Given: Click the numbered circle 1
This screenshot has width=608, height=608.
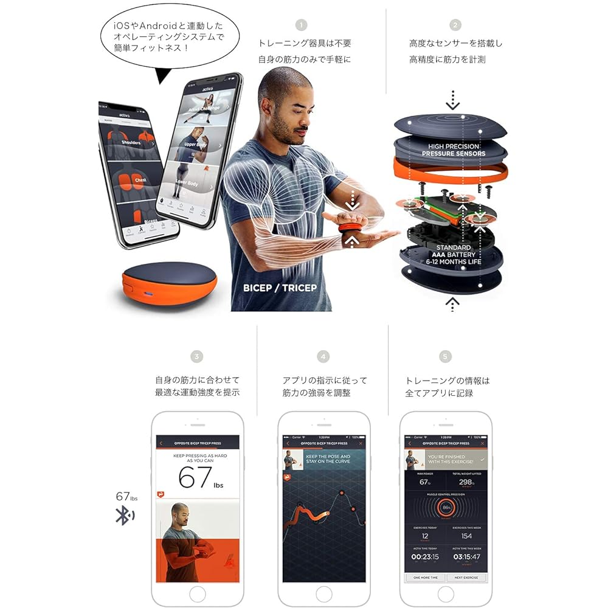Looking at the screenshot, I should pos(301,25).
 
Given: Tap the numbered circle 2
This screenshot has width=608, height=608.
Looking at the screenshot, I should pos(455,25).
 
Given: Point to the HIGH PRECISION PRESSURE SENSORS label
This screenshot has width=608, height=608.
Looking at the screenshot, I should pos(454,150).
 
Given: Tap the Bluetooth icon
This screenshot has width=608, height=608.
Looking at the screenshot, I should pos(125,516).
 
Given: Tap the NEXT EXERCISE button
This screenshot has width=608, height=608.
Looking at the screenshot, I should pos(466,578).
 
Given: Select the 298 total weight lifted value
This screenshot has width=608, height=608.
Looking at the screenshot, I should pos(466,483).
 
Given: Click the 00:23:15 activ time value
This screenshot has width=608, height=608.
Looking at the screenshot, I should pos(425,557).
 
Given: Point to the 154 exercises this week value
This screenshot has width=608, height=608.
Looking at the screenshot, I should pos(466,536).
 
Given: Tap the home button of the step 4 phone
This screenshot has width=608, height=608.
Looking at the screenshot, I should pos(323,593).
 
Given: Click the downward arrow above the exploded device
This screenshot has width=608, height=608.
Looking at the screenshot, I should pos(452,101).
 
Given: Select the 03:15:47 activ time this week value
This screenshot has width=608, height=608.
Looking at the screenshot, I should pos(466,557).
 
